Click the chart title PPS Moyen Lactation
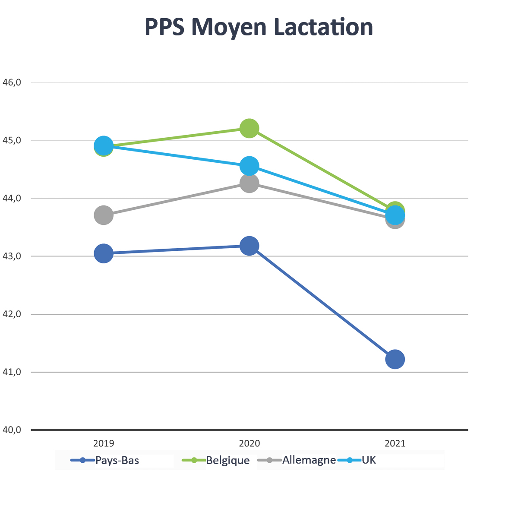coord(259,27)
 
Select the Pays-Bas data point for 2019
coord(104,253)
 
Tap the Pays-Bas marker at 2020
coord(249,246)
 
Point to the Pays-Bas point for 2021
coord(395,359)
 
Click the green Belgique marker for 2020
coord(249,128)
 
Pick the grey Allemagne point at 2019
coord(104,215)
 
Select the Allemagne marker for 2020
coord(249,183)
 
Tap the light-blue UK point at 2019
coord(104,146)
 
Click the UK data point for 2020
coord(249,166)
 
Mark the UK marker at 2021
coord(395,215)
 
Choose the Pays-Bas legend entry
coord(105,461)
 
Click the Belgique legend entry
coord(216,461)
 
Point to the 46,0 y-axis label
coord(12,82)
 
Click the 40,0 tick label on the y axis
coord(12,430)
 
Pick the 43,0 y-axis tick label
coord(12,256)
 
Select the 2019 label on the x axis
coord(104,444)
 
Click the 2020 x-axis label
coord(250,444)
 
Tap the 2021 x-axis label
coord(395,444)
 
